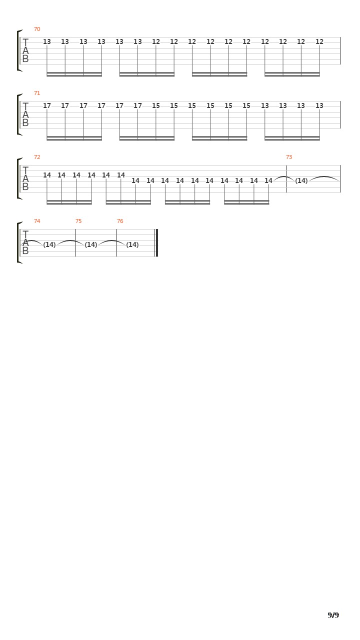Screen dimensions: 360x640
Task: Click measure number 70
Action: point(37,29)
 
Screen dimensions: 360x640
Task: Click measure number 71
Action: point(37,93)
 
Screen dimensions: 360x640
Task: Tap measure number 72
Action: point(37,157)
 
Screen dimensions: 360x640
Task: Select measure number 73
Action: point(289,157)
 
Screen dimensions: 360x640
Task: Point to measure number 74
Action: point(37,221)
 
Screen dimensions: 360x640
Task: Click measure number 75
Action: point(78,221)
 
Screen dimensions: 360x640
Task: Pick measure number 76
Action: point(120,221)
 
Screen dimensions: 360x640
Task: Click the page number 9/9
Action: point(333,615)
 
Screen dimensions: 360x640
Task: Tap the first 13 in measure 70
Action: point(47,41)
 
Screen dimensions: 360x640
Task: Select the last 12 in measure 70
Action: point(319,41)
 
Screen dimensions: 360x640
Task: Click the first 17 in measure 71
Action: point(47,105)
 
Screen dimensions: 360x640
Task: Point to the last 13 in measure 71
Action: point(319,105)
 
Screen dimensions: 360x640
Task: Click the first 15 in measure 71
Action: point(156,105)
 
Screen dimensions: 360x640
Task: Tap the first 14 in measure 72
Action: point(47,175)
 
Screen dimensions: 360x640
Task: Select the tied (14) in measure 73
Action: point(301,180)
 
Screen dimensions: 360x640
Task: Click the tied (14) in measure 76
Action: point(132,244)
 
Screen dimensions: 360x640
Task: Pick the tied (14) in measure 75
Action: point(91,244)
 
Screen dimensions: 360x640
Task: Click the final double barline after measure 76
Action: point(156,243)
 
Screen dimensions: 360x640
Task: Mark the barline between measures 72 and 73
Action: point(286,179)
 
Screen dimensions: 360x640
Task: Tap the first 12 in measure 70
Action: point(156,41)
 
